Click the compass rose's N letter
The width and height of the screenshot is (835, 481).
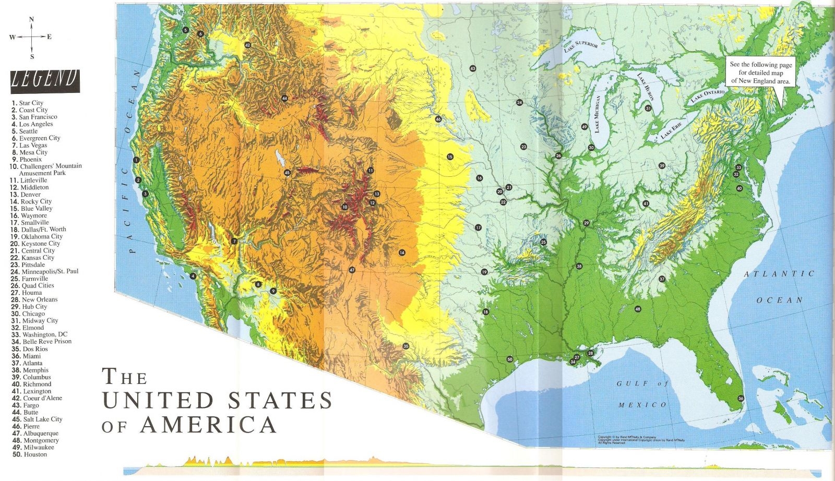click(32, 19)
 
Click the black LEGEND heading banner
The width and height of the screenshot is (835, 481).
click(45, 81)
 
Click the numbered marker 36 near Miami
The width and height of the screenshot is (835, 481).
click(741, 399)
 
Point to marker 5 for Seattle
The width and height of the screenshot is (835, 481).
click(185, 30)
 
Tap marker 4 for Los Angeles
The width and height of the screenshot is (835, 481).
click(193, 276)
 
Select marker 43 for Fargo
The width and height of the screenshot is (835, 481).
click(472, 68)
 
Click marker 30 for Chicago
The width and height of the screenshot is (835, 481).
click(591, 148)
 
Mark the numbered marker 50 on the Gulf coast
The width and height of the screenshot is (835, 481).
click(509, 359)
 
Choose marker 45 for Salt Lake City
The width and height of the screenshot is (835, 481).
click(287, 173)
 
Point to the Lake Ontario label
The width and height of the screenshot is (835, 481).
click(708, 96)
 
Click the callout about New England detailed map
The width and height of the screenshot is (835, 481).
click(760, 73)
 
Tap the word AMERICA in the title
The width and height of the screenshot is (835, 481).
click(208, 424)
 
